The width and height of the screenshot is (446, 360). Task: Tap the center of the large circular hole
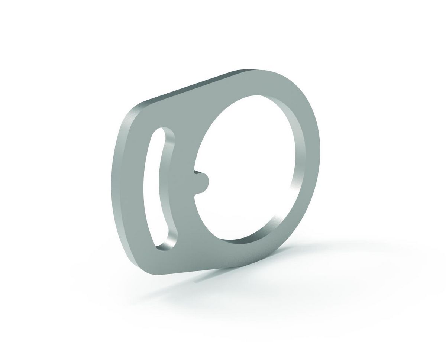245,167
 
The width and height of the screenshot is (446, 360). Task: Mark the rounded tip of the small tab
209,182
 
